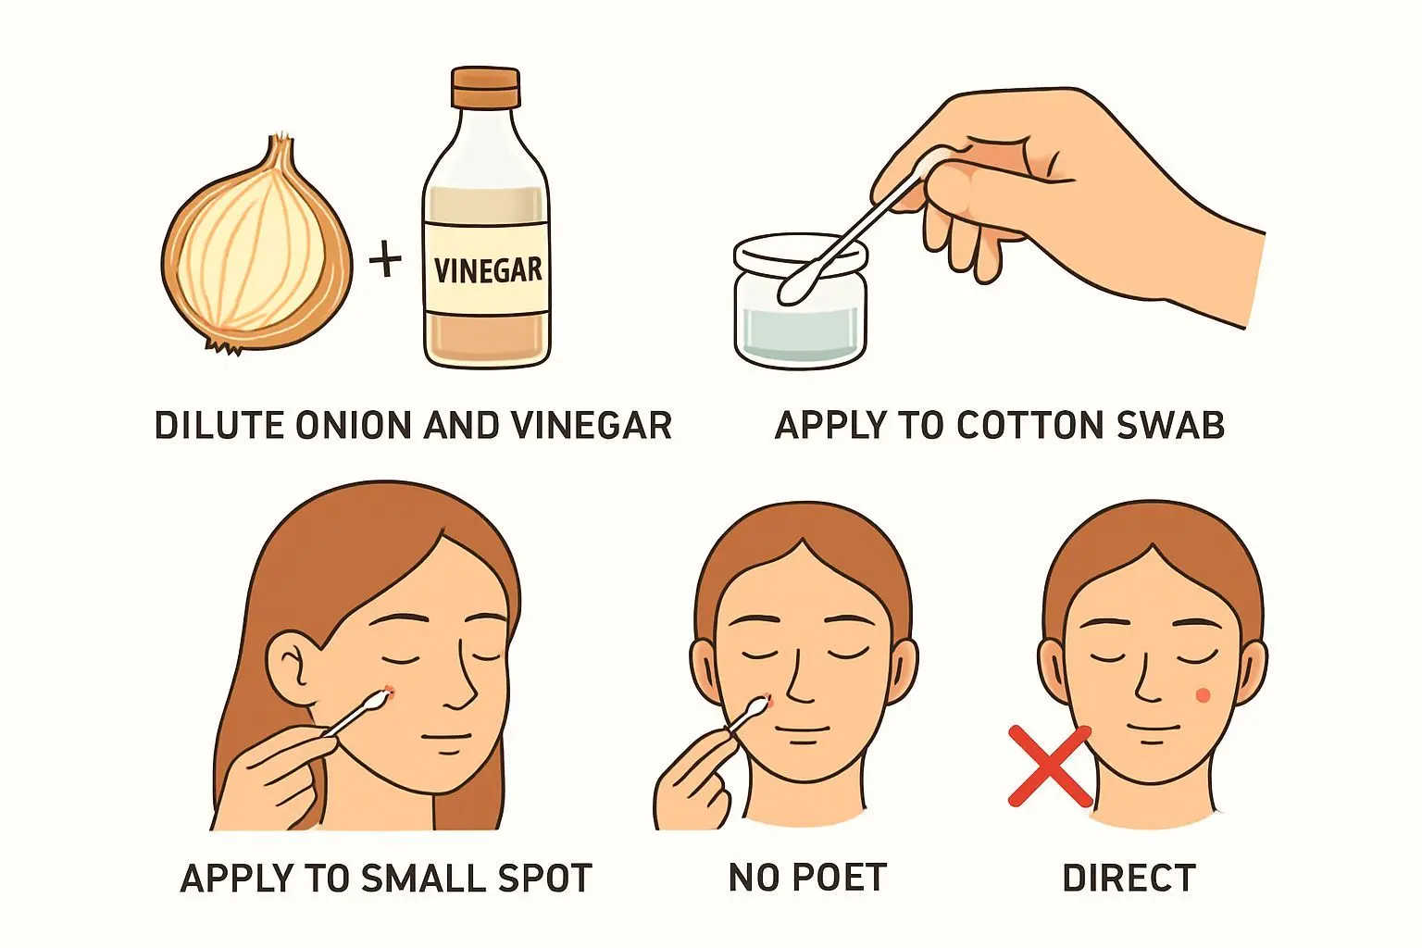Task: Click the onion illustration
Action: pyautogui.click(x=257, y=247)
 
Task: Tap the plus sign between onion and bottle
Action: pyautogui.click(x=385, y=258)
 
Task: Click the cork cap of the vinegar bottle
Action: pyautogui.click(x=486, y=87)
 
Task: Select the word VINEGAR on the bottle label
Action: pyautogui.click(x=488, y=270)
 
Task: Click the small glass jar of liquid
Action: pyautogui.click(x=801, y=302)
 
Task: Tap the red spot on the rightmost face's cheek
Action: pyautogui.click(x=1203, y=696)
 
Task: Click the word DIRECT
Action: pyautogui.click(x=1129, y=879)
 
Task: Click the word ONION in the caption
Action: pyautogui.click(x=355, y=426)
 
